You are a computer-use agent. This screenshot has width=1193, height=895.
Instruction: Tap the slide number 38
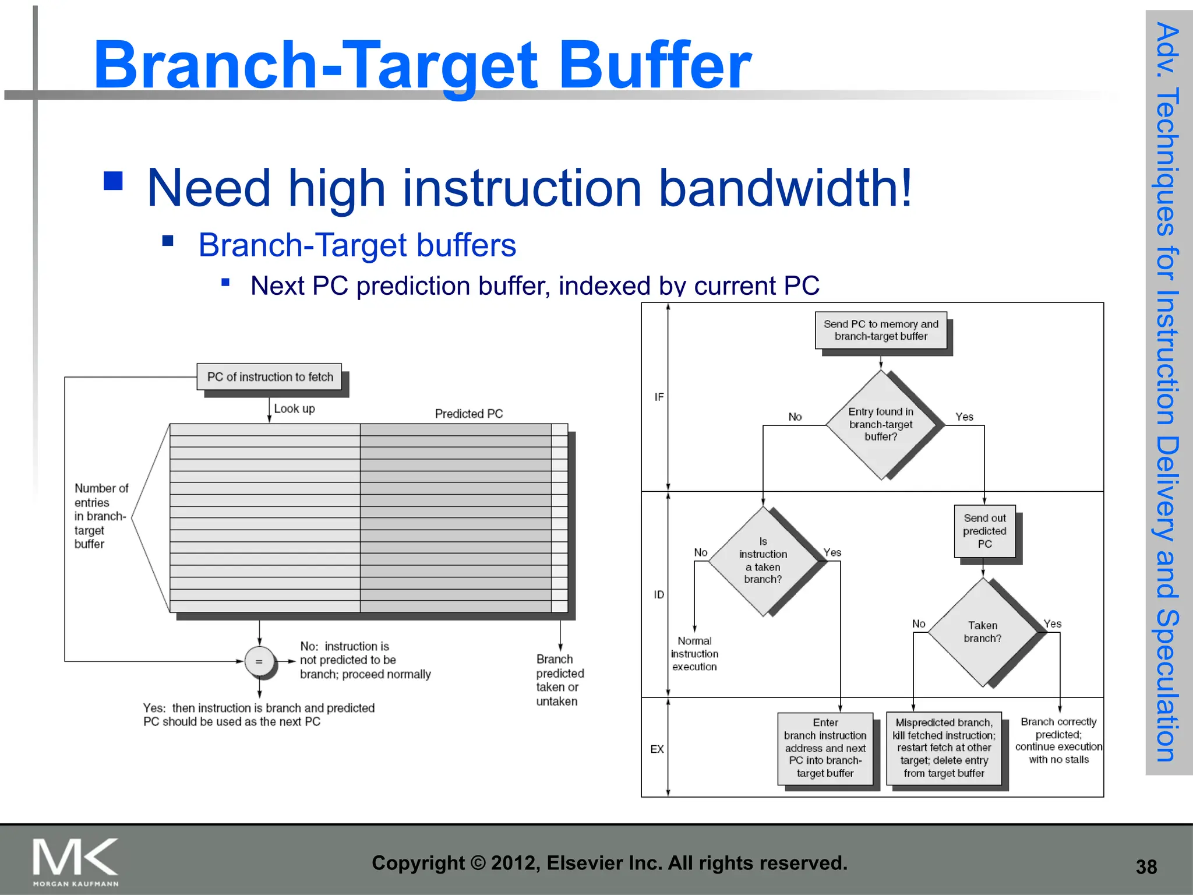click(x=1146, y=867)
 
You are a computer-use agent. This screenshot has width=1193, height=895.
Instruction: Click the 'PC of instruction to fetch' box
click(x=270, y=377)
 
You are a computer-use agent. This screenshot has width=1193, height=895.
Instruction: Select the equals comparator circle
click(x=259, y=661)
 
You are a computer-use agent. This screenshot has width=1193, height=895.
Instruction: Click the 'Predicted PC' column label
click(x=468, y=414)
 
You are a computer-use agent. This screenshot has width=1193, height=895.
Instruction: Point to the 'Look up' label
click(x=294, y=408)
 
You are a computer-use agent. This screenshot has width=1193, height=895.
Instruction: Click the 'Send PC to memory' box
click(x=881, y=330)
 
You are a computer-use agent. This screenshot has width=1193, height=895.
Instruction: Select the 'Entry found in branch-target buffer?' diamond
click(x=881, y=425)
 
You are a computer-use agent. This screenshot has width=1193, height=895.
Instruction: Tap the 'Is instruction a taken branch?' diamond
click(x=763, y=561)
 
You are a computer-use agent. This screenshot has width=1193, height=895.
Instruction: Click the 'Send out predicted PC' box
click(x=984, y=531)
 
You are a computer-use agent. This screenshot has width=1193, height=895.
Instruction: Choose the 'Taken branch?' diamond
click(x=983, y=632)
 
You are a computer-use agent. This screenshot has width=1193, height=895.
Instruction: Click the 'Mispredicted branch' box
click(x=944, y=748)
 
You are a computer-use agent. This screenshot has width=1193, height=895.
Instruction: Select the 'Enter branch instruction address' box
click(x=825, y=748)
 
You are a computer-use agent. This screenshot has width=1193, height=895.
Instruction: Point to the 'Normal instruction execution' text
click(x=694, y=654)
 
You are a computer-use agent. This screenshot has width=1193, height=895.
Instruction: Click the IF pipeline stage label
click(x=659, y=397)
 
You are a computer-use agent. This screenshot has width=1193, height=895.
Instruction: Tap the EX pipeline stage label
click(x=657, y=749)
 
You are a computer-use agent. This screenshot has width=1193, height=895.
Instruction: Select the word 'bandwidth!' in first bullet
click(x=785, y=188)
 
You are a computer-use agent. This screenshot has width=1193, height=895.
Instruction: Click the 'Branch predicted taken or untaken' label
click(x=559, y=680)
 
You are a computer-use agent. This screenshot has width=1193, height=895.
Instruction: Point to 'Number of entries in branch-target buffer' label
click(x=100, y=516)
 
